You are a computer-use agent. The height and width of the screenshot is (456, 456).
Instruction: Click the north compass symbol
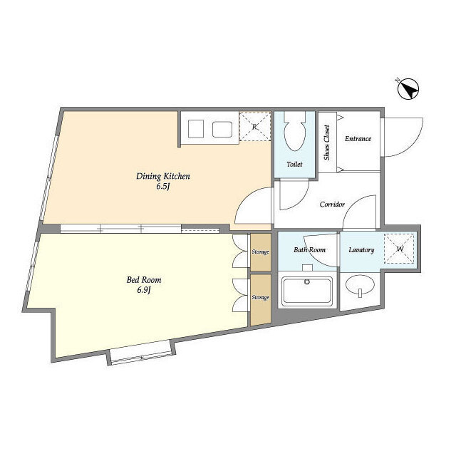[x=408, y=88]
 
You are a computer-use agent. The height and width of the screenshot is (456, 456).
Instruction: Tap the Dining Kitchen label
[x=163, y=176]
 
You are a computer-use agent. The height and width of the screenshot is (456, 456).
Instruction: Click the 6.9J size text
[x=144, y=290]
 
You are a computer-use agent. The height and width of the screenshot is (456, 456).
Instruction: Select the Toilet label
[x=294, y=165]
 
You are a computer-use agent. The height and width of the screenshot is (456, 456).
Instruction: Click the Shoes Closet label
[x=327, y=142]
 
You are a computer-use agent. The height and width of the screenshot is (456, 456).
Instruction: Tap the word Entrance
[x=358, y=139]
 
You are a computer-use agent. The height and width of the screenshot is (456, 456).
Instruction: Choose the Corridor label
[x=332, y=204]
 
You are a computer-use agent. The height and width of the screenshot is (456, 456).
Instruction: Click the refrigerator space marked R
[x=255, y=127]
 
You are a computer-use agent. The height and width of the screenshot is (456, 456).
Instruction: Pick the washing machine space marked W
[x=399, y=249]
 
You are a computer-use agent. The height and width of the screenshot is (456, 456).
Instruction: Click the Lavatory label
[x=361, y=250]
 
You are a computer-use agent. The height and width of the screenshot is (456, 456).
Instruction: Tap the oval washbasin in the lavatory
[x=360, y=284]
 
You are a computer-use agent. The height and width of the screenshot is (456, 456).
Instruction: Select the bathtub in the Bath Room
[x=307, y=291]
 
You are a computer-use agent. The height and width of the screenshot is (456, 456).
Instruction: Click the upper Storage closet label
[x=260, y=252]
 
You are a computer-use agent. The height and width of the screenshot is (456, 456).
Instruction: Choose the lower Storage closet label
[x=260, y=298]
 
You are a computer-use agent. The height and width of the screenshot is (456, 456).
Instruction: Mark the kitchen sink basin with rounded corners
[x=222, y=130]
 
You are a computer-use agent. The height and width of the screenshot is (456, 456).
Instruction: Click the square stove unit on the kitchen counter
[x=196, y=129]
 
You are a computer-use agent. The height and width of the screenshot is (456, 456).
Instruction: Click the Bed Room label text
[x=144, y=280]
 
